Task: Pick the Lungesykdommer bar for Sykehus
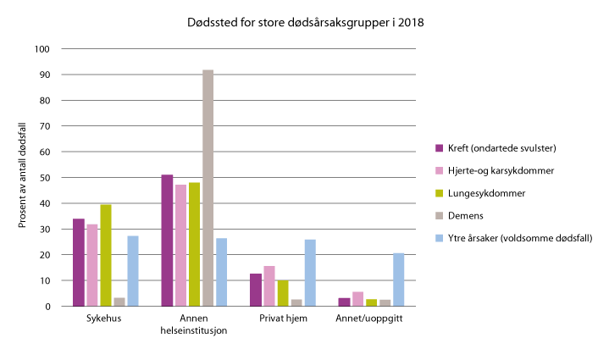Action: point(106,255)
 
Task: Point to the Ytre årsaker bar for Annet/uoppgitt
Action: point(397,280)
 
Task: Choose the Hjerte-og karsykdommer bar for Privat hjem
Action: point(269,286)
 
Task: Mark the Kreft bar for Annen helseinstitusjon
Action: point(167,241)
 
